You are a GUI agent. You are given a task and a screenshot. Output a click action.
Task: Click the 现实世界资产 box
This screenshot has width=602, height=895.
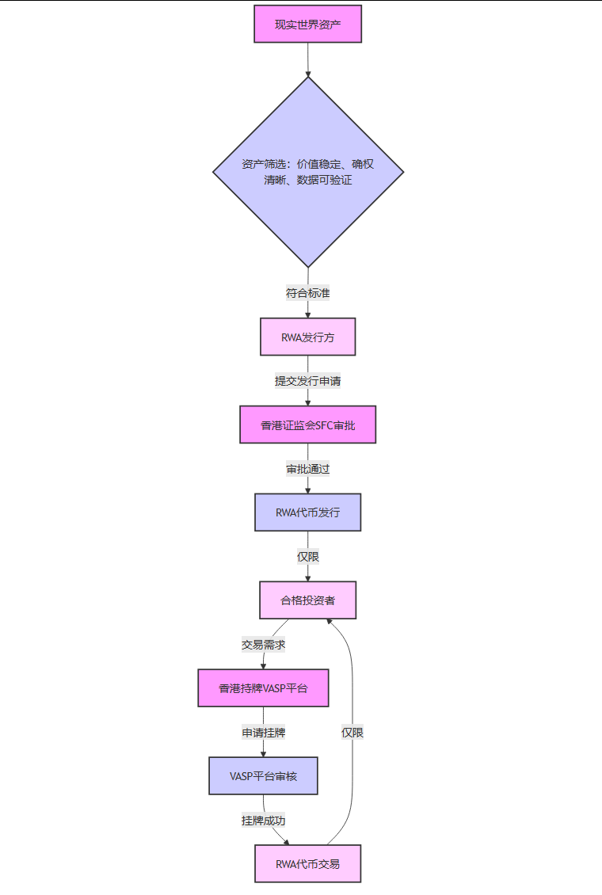coord(307,24)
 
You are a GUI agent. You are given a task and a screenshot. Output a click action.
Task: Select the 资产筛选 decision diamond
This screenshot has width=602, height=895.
coord(307,172)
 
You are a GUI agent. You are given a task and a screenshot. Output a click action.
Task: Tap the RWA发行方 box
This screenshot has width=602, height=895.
coord(307,337)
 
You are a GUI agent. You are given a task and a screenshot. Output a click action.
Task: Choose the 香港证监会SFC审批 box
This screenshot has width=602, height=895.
coord(307,425)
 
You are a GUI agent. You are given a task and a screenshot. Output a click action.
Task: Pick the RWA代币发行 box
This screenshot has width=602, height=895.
coord(307,512)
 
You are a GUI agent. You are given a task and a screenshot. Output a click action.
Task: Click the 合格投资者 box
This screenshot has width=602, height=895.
coord(307,600)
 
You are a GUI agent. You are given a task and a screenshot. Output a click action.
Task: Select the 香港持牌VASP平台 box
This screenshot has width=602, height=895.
coord(263,688)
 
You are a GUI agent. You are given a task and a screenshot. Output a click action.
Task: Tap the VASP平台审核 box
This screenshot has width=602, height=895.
coord(263,776)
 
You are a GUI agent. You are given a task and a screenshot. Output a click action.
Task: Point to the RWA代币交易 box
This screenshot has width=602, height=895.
coord(307,863)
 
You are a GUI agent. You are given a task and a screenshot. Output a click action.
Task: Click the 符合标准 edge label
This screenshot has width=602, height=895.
coord(307,293)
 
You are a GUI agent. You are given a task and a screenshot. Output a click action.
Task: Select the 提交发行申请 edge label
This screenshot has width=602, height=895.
coord(307,381)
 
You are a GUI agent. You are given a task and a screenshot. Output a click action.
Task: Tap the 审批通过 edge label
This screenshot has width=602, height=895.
coord(307,469)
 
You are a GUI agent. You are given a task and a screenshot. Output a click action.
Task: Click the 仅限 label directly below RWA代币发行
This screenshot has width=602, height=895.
coord(307,557)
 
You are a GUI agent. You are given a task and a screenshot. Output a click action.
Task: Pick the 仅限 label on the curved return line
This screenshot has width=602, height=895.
coord(352,733)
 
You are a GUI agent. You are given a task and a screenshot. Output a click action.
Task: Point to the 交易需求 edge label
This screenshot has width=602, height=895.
coord(263,645)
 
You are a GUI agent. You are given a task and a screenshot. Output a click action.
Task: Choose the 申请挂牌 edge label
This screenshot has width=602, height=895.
coord(263,733)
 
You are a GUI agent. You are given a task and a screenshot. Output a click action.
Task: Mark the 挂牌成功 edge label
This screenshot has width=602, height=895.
coord(263,821)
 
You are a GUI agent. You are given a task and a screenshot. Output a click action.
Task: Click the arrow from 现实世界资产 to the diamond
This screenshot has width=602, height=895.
coord(307,59)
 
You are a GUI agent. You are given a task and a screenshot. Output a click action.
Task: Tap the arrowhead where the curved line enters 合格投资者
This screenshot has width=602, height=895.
coord(329,622)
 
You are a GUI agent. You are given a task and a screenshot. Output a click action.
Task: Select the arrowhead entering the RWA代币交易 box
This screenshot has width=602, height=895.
coord(287,843)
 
